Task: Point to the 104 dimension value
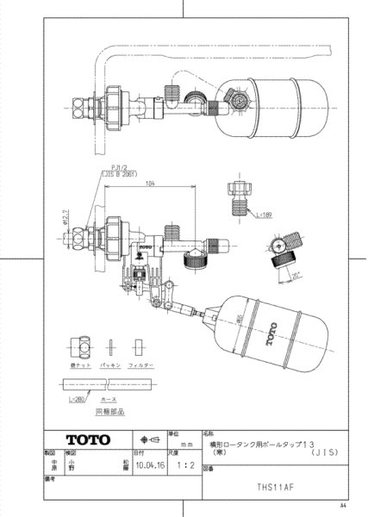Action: pyautogui.click(x=151, y=184)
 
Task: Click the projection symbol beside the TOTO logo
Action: pyautogui.click(x=147, y=437)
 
